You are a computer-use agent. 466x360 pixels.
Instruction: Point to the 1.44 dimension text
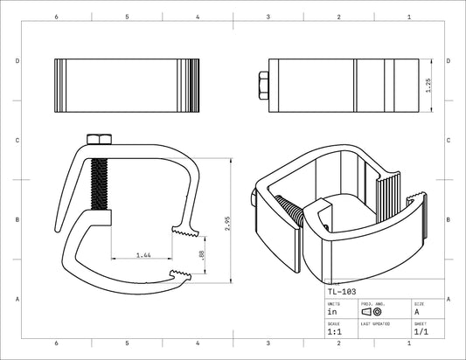(x=143, y=255)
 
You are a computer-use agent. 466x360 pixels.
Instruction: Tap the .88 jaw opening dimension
(x=203, y=254)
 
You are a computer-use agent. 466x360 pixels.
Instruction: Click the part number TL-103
(x=343, y=291)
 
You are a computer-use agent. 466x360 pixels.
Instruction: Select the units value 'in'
(x=332, y=311)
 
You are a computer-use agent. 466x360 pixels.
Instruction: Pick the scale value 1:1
(x=335, y=332)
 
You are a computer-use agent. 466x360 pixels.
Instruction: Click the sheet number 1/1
(x=421, y=332)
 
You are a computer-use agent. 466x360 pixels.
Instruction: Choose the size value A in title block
(x=416, y=311)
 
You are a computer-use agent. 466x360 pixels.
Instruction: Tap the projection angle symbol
(x=372, y=311)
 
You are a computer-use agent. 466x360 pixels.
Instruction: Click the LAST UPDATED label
(x=375, y=323)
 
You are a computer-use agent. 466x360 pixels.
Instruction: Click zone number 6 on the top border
(x=56, y=17)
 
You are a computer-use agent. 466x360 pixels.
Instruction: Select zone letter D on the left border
(x=17, y=61)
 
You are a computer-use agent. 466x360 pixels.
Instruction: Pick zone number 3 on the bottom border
(x=268, y=344)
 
